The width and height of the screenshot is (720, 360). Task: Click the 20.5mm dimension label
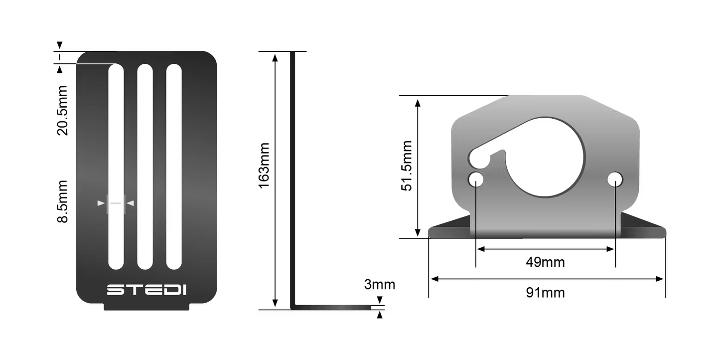63,111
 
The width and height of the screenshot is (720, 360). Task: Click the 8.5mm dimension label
63,201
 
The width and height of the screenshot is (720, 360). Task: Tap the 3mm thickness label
379,285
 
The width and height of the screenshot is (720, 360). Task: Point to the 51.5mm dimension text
407,166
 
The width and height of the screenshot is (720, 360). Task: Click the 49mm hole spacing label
545,262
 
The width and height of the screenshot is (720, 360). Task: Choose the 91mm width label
545,292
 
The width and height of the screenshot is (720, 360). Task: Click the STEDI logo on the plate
146,290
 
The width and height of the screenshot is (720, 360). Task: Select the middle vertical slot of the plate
145,167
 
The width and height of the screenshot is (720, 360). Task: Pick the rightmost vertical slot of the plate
174,167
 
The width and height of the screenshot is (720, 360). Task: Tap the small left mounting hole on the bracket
476,179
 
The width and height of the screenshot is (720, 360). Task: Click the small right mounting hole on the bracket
615,179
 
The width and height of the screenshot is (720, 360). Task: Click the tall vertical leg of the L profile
293,180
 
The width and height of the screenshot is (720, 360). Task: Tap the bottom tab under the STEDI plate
147,307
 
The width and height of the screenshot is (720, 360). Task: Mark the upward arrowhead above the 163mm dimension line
275,56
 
